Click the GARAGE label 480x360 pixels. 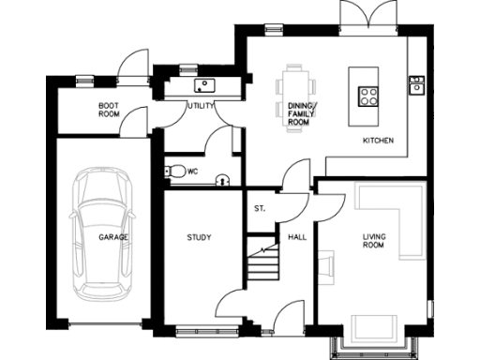coord(113,237)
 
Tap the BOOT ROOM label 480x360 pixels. coord(109,109)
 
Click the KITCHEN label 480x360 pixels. coord(378,141)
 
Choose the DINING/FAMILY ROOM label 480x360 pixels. coord(302,113)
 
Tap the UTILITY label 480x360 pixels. coord(201,106)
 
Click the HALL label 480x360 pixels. coord(297,237)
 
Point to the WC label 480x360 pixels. coord(192,172)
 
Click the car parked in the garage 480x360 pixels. coord(101,230)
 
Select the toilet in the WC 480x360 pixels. coord(174,172)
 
